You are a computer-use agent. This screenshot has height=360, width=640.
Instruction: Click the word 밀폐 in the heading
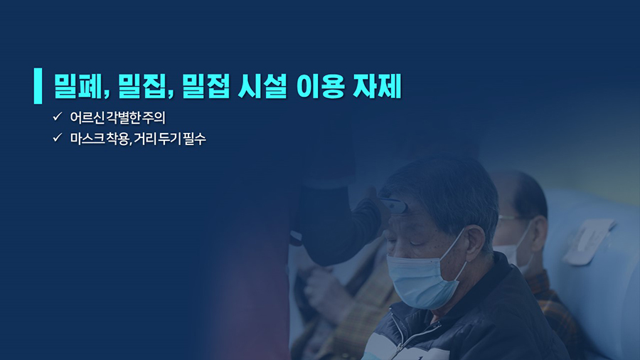(x=78, y=86)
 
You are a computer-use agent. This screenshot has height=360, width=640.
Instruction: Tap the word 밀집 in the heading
(x=143, y=86)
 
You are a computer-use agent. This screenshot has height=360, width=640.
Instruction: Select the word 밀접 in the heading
(x=206, y=86)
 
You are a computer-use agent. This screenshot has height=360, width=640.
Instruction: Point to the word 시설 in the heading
(x=262, y=86)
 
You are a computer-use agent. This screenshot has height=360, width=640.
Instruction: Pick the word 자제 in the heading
(x=377, y=86)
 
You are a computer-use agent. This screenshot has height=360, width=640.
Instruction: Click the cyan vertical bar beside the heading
(x=38, y=85)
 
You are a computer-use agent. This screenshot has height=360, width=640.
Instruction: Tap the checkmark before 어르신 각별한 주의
(x=57, y=117)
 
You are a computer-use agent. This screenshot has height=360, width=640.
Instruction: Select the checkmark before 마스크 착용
(x=57, y=137)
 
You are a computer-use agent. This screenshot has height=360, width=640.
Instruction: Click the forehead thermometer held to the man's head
(x=393, y=206)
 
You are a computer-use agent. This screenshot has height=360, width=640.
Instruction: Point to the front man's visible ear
(x=475, y=243)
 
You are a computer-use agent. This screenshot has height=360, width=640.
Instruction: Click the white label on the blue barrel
(x=588, y=240)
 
